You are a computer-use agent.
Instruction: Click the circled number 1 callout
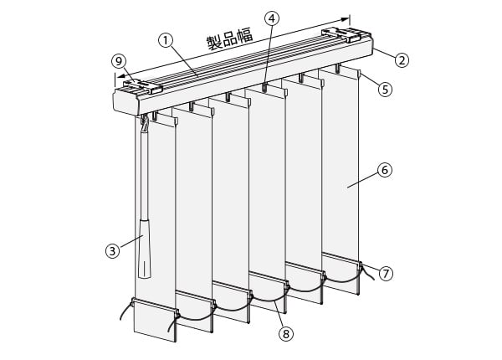(166, 41)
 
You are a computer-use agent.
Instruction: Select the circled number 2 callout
(402, 60)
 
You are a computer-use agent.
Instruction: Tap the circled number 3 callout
(112, 250)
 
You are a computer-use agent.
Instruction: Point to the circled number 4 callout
(271, 19)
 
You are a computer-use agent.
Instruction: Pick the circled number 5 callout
(385, 90)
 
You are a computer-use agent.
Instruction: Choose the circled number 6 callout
(385, 170)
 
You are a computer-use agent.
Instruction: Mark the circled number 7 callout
(386, 274)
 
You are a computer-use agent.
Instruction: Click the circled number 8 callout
(286, 334)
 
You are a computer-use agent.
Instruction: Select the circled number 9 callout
(119, 61)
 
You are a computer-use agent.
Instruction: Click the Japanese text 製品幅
(230, 39)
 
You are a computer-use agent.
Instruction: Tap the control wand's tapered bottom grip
(145, 249)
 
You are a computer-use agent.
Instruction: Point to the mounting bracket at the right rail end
(346, 34)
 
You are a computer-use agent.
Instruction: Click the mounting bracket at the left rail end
(143, 86)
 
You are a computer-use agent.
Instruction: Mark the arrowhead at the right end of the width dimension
(346, 19)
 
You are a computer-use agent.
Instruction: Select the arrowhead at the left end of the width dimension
(120, 76)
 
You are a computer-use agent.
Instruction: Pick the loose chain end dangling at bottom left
(125, 311)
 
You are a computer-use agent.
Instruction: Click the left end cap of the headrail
(126, 101)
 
